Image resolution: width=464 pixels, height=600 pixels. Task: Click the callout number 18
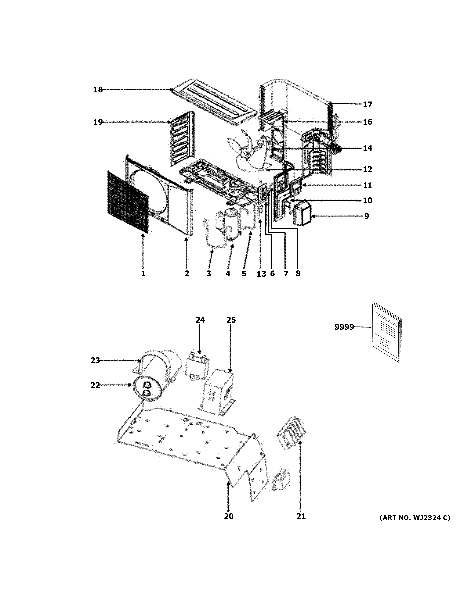[98, 90]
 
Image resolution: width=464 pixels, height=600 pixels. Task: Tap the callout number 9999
[344, 327]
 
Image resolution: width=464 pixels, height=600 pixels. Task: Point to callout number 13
[261, 274]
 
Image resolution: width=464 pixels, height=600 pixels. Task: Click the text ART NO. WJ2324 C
[415, 518]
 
